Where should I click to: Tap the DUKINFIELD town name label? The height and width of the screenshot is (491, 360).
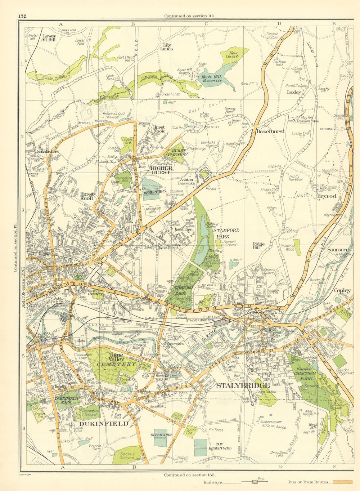click(x=104, y=424)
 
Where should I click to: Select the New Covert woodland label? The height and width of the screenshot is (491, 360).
click(x=232, y=54)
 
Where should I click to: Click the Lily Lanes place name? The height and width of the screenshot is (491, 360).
click(x=166, y=47)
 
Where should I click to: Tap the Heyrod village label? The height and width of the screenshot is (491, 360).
click(x=326, y=196)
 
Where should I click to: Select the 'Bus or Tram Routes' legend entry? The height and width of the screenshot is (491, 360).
click(x=309, y=482)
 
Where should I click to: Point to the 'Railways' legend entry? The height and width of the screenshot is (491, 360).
click(x=212, y=482)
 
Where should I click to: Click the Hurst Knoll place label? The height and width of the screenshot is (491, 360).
click(x=87, y=196)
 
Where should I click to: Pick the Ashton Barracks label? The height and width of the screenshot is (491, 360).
click(x=186, y=181)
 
